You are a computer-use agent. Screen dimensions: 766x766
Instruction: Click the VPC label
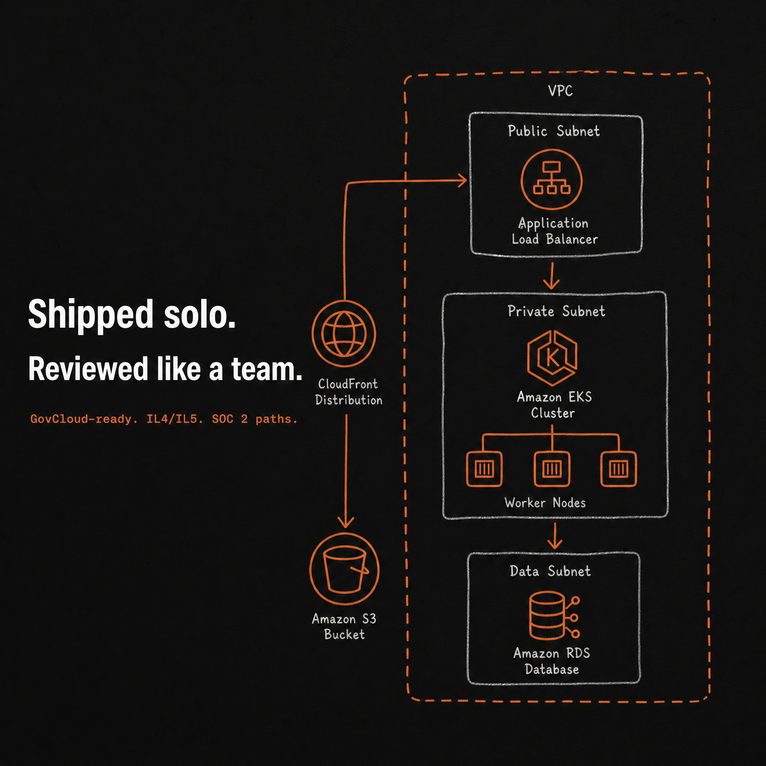560,91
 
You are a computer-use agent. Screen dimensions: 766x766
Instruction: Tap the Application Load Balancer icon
552,179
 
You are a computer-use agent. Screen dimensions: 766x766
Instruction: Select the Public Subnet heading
554,131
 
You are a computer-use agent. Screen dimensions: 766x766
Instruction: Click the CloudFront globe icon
343,333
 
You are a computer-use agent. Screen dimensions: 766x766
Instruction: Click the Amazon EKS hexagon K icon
552,358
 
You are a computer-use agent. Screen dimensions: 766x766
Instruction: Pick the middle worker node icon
552,469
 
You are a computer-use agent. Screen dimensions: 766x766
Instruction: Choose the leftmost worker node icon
484,469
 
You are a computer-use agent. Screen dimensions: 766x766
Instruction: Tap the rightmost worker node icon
619,469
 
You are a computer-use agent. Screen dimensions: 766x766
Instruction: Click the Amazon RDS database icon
554,615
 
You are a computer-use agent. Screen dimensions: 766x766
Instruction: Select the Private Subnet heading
556,311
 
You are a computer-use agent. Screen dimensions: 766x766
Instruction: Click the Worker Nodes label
545,503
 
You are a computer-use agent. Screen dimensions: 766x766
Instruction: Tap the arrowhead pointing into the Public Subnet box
462,180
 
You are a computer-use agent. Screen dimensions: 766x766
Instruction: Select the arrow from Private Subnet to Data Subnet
555,536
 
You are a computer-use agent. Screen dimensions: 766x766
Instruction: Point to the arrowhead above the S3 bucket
346,523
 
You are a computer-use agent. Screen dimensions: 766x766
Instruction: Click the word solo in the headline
200,314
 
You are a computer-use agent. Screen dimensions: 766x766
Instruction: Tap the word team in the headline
267,369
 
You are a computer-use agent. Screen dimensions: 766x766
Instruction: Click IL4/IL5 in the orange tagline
175,419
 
